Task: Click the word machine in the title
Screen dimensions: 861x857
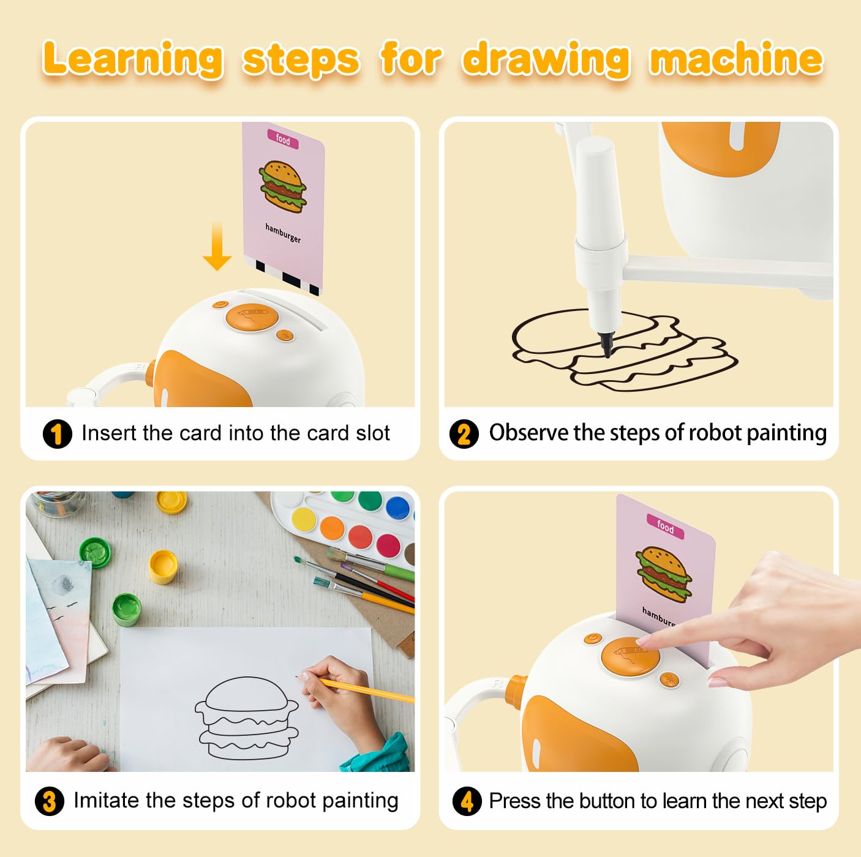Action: click(735, 58)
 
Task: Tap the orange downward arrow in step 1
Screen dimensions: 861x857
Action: click(217, 245)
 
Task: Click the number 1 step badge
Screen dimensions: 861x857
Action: click(57, 433)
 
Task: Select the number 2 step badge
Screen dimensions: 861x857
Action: click(464, 433)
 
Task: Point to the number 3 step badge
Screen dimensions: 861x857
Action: click(50, 801)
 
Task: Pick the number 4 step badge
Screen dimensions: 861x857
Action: click(467, 801)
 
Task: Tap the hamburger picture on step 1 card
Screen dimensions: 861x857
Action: click(283, 186)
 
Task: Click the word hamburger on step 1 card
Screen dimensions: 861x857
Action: click(284, 233)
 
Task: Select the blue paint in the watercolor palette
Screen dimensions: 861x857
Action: click(397, 508)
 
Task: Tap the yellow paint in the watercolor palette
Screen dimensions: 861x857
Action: click(304, 520)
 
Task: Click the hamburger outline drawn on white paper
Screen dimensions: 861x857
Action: click(247, 718)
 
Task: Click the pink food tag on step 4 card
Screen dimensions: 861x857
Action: click(665, 527)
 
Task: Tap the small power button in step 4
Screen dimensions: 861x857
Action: click(592, 638)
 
